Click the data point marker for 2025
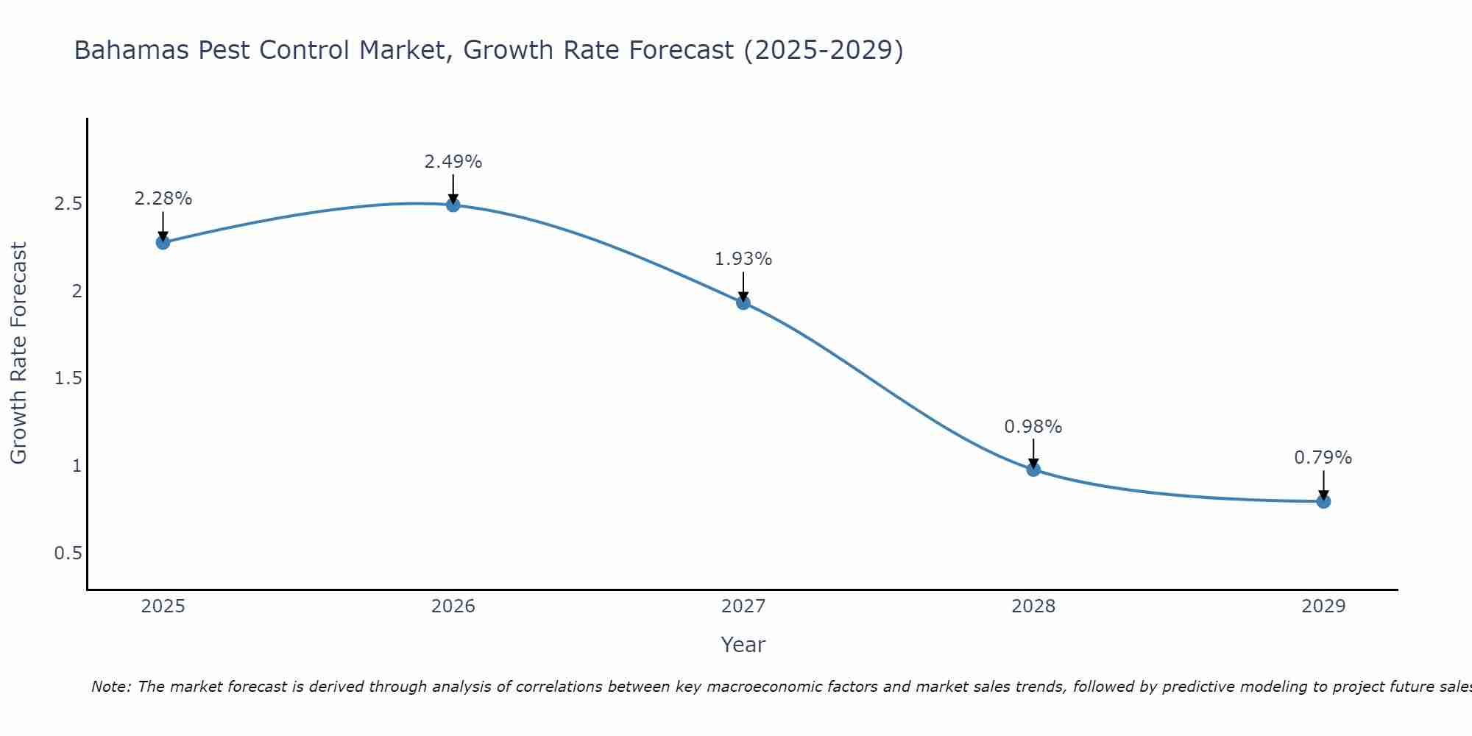coord(163,242)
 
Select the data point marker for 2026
coord(453,205)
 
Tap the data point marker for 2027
coord(743,302)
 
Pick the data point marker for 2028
coord(1033,469)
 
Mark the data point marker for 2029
coord(1323,502)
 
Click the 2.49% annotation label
coord(453,162)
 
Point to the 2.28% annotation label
coord(163,199)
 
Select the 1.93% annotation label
coord(743,259)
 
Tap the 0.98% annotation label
coord(1033,427)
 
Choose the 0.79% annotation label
coord(1323,458)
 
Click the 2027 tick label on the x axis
coord(743,606)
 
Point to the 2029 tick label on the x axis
coord(1323,606)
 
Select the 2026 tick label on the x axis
coord(453,606)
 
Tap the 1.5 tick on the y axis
coord(68,378)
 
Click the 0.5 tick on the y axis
coord(68,553)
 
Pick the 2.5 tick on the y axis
coord(68,204)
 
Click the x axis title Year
coord(743,645)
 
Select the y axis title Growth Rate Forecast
coord(18,353)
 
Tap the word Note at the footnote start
coord(110,687)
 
